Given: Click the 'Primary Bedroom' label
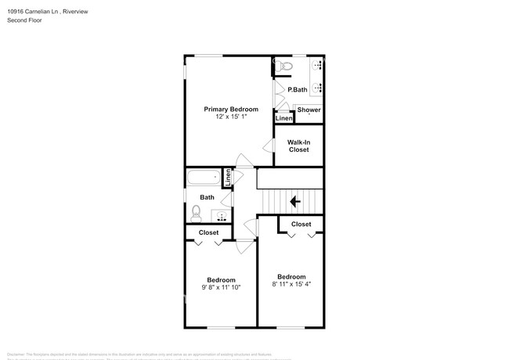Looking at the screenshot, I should pos(231,109).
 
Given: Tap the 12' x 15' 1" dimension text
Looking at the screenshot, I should pos(231,117).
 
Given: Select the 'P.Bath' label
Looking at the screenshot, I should pos(298,90).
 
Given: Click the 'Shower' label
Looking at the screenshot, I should pos(309,110).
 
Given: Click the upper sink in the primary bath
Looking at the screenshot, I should pos(317,66).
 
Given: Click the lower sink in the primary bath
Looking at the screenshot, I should pos(317,88).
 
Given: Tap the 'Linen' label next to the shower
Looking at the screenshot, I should pos(283,118).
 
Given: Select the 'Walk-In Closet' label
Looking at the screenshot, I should pos(299,146).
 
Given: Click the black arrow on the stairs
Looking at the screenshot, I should pos(295,202).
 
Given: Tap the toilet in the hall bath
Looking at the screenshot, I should pos(196,212).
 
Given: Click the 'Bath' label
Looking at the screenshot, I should pos(207,197).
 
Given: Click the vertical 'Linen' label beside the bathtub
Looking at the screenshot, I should pos(228,178).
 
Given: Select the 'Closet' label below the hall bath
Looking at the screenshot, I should pos(208,232).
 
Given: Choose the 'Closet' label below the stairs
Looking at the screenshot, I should pos(301,225).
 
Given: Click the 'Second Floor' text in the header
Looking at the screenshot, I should pos(26,20).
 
